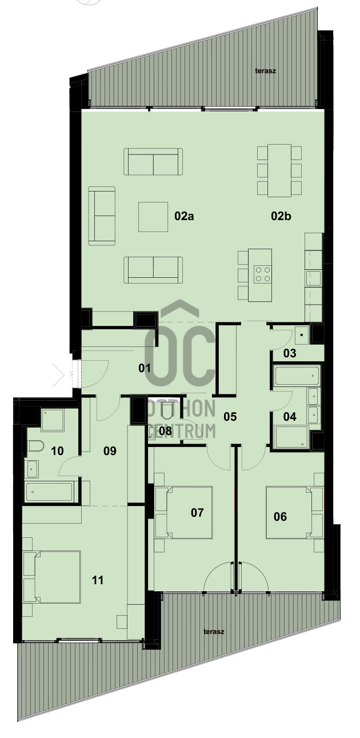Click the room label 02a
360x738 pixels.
[184, 216]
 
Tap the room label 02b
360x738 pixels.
[281, 216]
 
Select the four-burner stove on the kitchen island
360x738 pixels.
[262, 274]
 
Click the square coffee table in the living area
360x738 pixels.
[153, 217]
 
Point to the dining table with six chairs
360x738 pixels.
[279, 170]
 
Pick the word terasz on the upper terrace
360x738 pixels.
[266, 70]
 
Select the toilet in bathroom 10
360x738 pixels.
[35, 446]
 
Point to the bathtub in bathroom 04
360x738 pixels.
[297, 376]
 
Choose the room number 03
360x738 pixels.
[290, 353]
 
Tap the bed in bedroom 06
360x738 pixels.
[289, 512]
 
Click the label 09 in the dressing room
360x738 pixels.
[110, 450]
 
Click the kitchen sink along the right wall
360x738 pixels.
[313, 278]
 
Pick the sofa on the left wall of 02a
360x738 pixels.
[102, 216]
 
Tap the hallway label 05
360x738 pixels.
[230, 416]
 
